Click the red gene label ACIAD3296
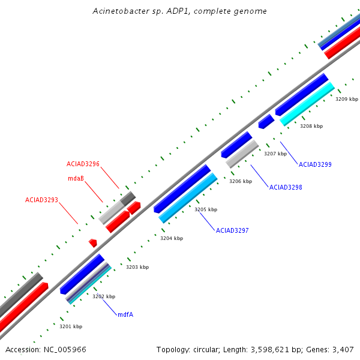[x=83, y=164]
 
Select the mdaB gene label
[x=75, y=178]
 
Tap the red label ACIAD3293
[x=41, y=200]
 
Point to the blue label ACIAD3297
[x=232, y=230]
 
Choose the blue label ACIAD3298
[x=286, y=187]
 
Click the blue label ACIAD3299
[x=315, y=164]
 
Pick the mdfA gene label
[x=125, y=314]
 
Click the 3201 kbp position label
[x=71, y=326]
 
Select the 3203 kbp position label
[x=137, y=267]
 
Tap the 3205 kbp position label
[x=206, y=209]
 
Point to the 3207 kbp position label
[x=275, y=154]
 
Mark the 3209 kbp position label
[x=347, y=99]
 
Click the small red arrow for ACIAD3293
[x=93, y=242]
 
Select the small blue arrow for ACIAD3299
[x=266, y=121]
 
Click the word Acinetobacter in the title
[x=121, y=11]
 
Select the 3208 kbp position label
[x=311, y=126]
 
